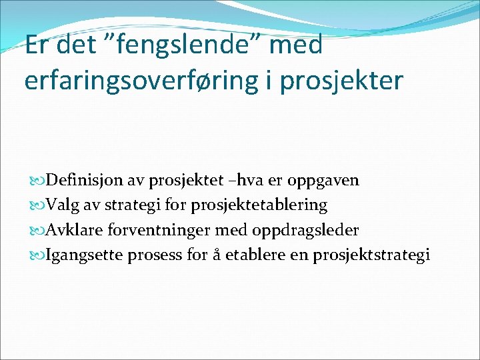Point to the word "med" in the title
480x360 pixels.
293,45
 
